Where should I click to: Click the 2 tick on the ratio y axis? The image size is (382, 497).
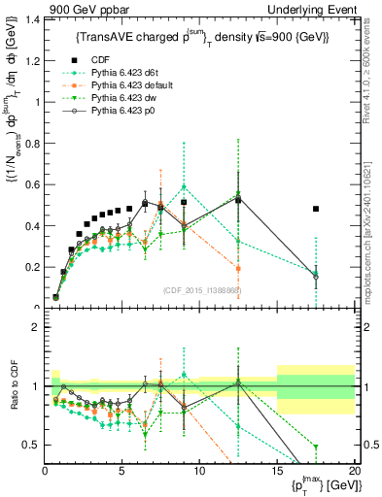click(x=35, y=327)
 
